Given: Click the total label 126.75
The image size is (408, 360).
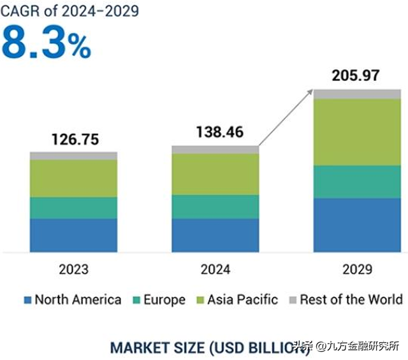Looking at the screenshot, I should point(74,139).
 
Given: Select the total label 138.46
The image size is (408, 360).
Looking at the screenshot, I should point(215,133).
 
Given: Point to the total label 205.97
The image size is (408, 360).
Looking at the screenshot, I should point(356,75).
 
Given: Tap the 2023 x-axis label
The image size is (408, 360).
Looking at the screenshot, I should point(74,270).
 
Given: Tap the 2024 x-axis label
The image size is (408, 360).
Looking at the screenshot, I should point(215,270).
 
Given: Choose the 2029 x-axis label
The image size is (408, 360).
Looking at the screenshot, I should point(356,270).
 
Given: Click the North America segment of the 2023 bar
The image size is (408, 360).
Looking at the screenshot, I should point(74,235).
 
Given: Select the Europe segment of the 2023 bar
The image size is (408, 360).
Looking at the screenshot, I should point(74,208).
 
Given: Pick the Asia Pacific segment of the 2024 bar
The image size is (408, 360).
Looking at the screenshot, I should point(215,174).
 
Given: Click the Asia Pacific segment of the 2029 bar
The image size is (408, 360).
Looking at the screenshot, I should point(357,133).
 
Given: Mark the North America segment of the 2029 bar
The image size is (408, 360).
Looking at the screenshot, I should point(357,225).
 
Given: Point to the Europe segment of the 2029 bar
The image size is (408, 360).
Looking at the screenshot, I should point(357,182).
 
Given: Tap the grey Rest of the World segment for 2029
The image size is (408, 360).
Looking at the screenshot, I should point(357,94).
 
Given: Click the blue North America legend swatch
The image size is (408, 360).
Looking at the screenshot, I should point(27,300).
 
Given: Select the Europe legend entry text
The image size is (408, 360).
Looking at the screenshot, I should point(164,299).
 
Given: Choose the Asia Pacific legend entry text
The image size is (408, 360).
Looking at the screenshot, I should point(242,299).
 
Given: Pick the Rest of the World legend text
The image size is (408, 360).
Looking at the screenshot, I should point(351,299).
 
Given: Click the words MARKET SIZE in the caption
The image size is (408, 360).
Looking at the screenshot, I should point(156,347).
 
